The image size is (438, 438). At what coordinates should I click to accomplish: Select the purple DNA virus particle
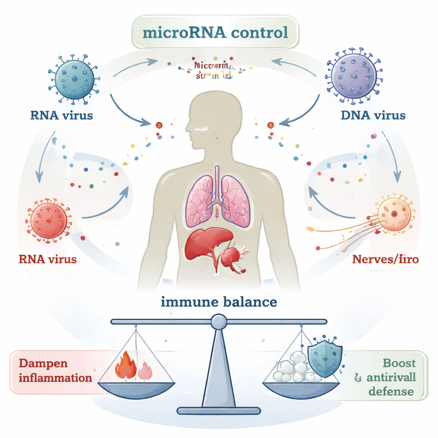tap(354, 77)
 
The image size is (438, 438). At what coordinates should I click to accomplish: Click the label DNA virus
tap(373, 115)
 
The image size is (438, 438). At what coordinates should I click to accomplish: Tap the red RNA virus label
tap(48, 259)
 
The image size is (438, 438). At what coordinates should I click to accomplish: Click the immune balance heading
tap(219, 302)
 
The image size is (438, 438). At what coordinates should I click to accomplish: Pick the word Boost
tap(399, 363)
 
